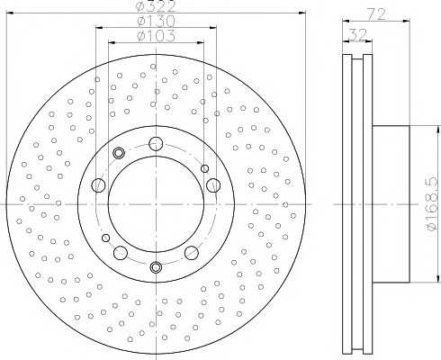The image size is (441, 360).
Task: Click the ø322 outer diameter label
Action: click(x=156, y=6)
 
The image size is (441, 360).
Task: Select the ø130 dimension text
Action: click(x=156, y=22)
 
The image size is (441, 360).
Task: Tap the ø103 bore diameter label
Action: click(x=156, y=36)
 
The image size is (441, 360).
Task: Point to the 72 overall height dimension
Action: click(x=376, y=13)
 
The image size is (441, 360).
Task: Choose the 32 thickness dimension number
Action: click(x=358, y=34)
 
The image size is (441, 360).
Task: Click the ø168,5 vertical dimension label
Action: click(x=434, y=204)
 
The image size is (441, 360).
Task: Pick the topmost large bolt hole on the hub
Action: click(x=156, y=144)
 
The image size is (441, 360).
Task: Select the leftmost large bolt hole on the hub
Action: click(x=98, y=184)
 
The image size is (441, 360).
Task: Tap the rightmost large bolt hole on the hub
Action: click(x=213, y=184)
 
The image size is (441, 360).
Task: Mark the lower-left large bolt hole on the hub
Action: click(x=121, y=253)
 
